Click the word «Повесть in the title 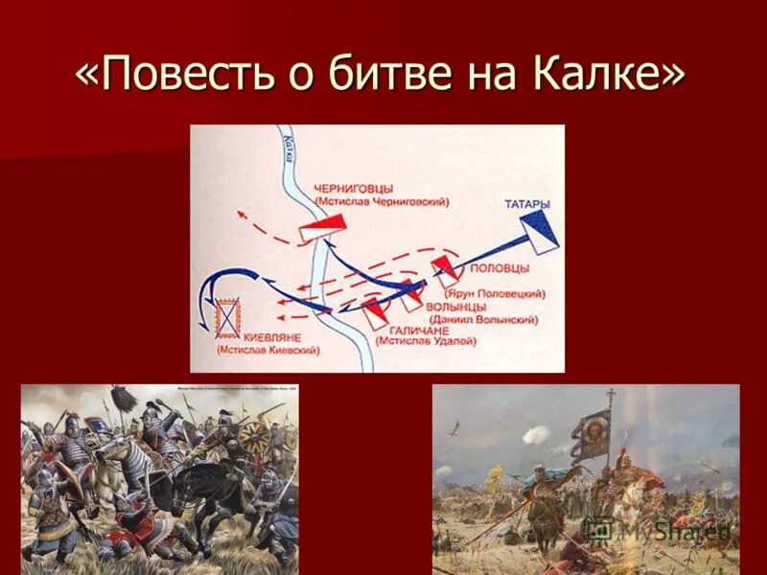[x=182, y=75]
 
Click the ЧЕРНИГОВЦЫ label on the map [x=358, y=190]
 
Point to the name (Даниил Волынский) [x=484, y=318]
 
